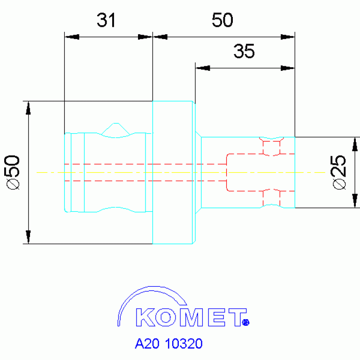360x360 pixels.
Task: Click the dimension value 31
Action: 106,20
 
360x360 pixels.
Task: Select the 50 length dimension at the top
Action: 222,20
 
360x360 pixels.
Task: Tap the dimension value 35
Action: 244,51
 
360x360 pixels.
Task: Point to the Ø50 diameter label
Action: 13,172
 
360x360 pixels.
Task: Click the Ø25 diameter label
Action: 339,172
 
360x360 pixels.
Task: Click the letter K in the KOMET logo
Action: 145,317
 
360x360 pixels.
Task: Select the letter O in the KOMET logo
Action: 166,317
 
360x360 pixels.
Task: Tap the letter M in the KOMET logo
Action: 191,317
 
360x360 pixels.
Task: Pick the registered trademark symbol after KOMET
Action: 245,322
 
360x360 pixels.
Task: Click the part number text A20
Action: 147,344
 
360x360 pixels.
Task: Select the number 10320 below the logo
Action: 184,344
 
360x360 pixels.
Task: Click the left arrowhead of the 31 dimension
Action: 72,37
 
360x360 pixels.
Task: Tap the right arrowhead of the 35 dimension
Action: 288,68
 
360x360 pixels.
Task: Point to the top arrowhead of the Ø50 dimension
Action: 28,108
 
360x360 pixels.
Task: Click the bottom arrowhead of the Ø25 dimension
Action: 355,201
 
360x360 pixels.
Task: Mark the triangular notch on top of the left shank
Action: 116,129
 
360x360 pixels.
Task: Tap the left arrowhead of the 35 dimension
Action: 203,68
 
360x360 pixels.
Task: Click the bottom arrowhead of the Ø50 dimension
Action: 28,237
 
